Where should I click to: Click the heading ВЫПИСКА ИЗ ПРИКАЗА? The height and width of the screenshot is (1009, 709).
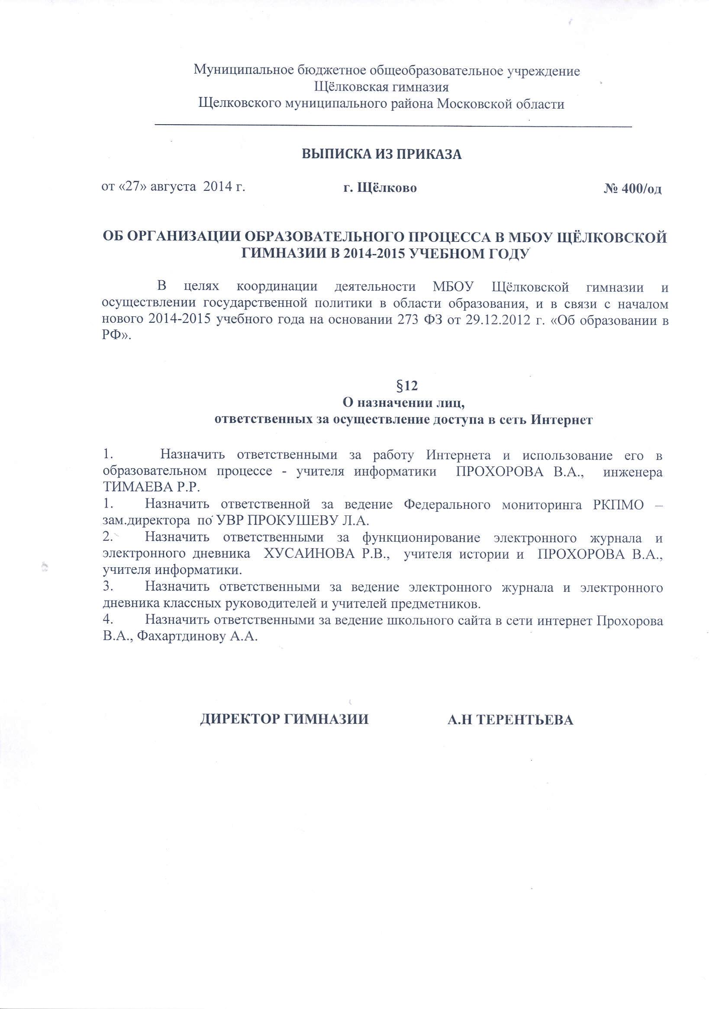pyautogui.click(x=381, y=155)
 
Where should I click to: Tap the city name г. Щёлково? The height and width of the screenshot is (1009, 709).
pyautogui.click(x=380, y=189)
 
